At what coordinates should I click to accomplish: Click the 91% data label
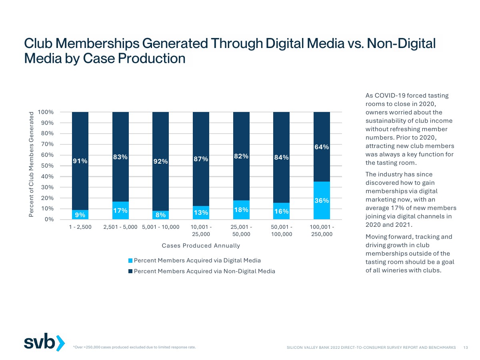pyautogui.click(x=80, y=161)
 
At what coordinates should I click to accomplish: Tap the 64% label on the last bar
pyautogui.click(x=322, y=147)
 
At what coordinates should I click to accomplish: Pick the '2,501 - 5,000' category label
pyautogui.click(x=120, y=227)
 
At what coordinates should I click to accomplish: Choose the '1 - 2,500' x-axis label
pyautogui.click(x=80, y=227)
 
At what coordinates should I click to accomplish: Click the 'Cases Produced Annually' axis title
pyautogui.click(x=201, y=246)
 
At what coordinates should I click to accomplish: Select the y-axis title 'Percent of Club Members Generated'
pyautogui.click(x=31, y=165)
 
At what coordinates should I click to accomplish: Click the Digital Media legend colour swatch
pyautogui.click(x=130, y=261)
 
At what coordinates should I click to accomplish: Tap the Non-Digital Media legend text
pyautogui.click(x=204, y=271)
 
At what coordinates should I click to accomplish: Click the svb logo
pyautogui.click(x=44, y=343)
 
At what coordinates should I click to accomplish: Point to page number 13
pyautogui.click(x=466, y=348)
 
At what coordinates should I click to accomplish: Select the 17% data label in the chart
pyautogui.click(x=120, y=210)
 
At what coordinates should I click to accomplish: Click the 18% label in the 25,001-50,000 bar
pyautogui.click(x=241, y=210)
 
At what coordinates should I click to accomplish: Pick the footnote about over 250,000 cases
pyautogui.click(x=134, y=347)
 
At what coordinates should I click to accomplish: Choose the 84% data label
pyautogui.click(x=281, y=158)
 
